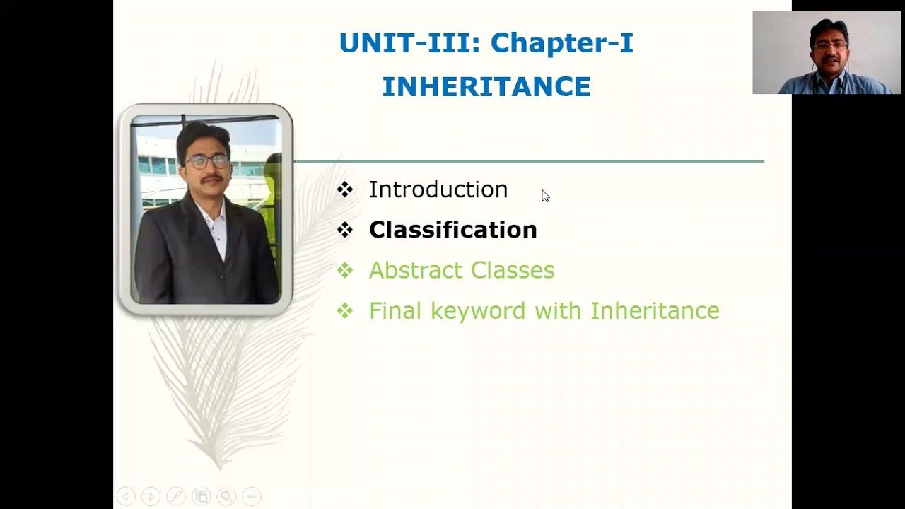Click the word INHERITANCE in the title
tap(486, 87)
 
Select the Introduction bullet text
tap(438, 189)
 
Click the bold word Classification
tap(452, 230)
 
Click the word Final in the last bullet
tap(395, 310)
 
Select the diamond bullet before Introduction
tap(345, 189)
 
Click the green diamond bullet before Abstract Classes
tap(345, 270)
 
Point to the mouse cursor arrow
tap(545, 196)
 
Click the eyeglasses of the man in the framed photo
tap(207, 161)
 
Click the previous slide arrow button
tap(126, 496)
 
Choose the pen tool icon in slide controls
tap(176, 496)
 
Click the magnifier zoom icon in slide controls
tap(226, 496)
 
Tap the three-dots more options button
tap(252, 496)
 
